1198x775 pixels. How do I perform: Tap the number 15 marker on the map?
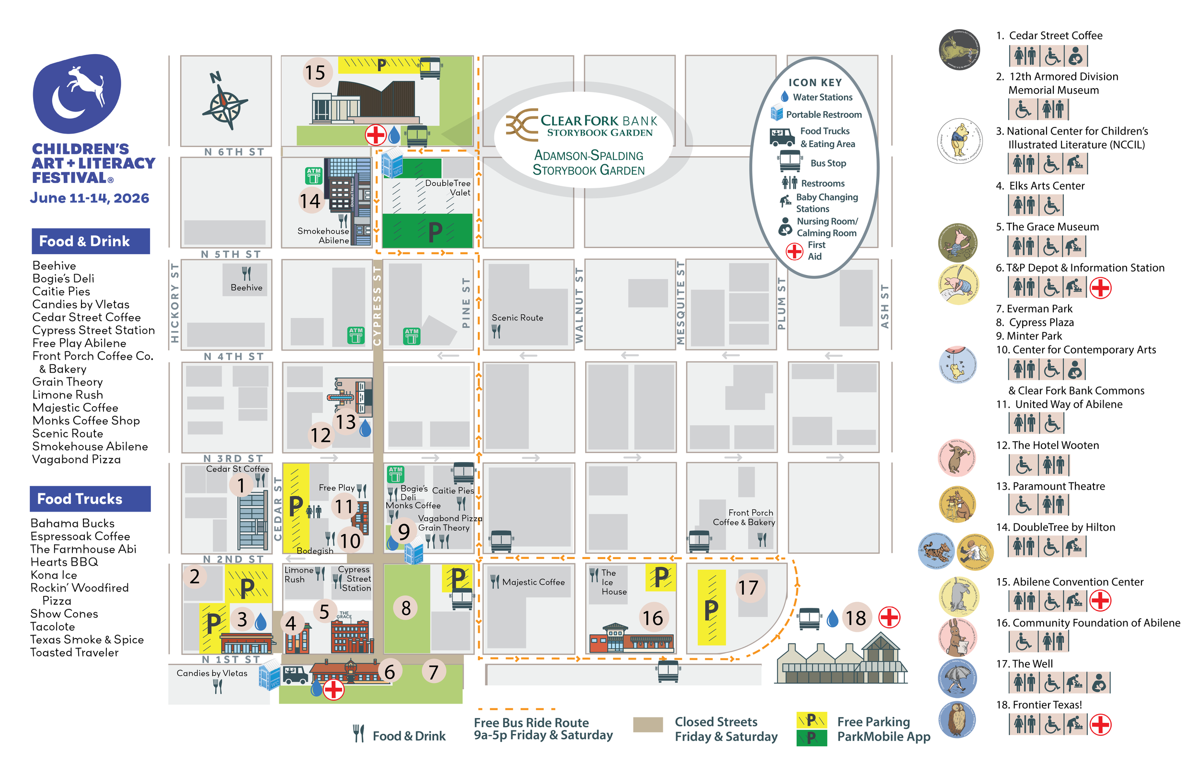316,72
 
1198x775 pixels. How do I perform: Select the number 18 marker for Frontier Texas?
855,617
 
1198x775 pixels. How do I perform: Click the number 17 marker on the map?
748,587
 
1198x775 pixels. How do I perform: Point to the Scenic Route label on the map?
517,318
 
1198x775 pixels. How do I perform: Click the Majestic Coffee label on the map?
533,582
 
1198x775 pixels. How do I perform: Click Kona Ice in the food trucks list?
54,575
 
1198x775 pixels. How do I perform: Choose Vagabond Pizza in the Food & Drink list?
77,459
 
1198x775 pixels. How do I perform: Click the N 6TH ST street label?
234,152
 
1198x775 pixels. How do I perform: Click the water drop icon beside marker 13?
366,428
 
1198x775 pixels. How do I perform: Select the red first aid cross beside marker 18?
889,617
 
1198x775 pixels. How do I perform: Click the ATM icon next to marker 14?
313,176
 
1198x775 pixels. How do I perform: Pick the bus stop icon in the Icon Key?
789,161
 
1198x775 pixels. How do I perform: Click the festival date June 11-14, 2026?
90,198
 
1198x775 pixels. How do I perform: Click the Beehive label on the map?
246,288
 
